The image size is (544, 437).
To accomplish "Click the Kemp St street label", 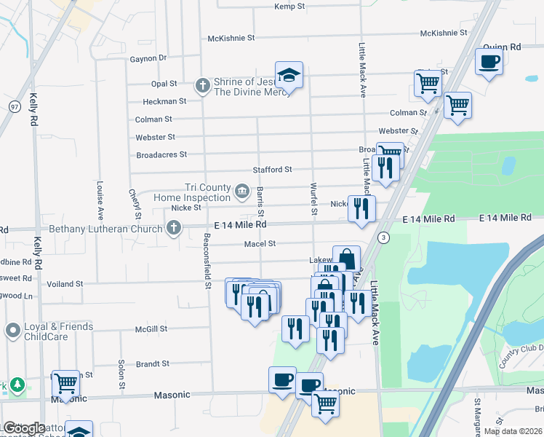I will [287, 7].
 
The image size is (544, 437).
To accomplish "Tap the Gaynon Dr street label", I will [148, 58].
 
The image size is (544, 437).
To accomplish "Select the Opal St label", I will [164, 84].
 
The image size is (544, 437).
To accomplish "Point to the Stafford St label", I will [272, 170].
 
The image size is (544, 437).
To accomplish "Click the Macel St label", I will [260, 244].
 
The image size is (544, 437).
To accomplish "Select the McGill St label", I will [151, 328].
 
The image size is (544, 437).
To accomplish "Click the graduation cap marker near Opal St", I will [289, 75].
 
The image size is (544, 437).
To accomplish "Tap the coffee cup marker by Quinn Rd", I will [489, 61].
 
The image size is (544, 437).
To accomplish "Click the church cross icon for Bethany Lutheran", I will [173, 229].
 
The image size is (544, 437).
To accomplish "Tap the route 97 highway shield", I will [14, 106].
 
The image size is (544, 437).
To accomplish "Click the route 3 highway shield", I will [383, 237].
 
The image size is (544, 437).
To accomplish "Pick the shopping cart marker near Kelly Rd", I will [65, 383].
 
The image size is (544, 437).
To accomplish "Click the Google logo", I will [23, 428].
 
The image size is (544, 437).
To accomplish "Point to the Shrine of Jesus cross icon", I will [203, 86].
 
